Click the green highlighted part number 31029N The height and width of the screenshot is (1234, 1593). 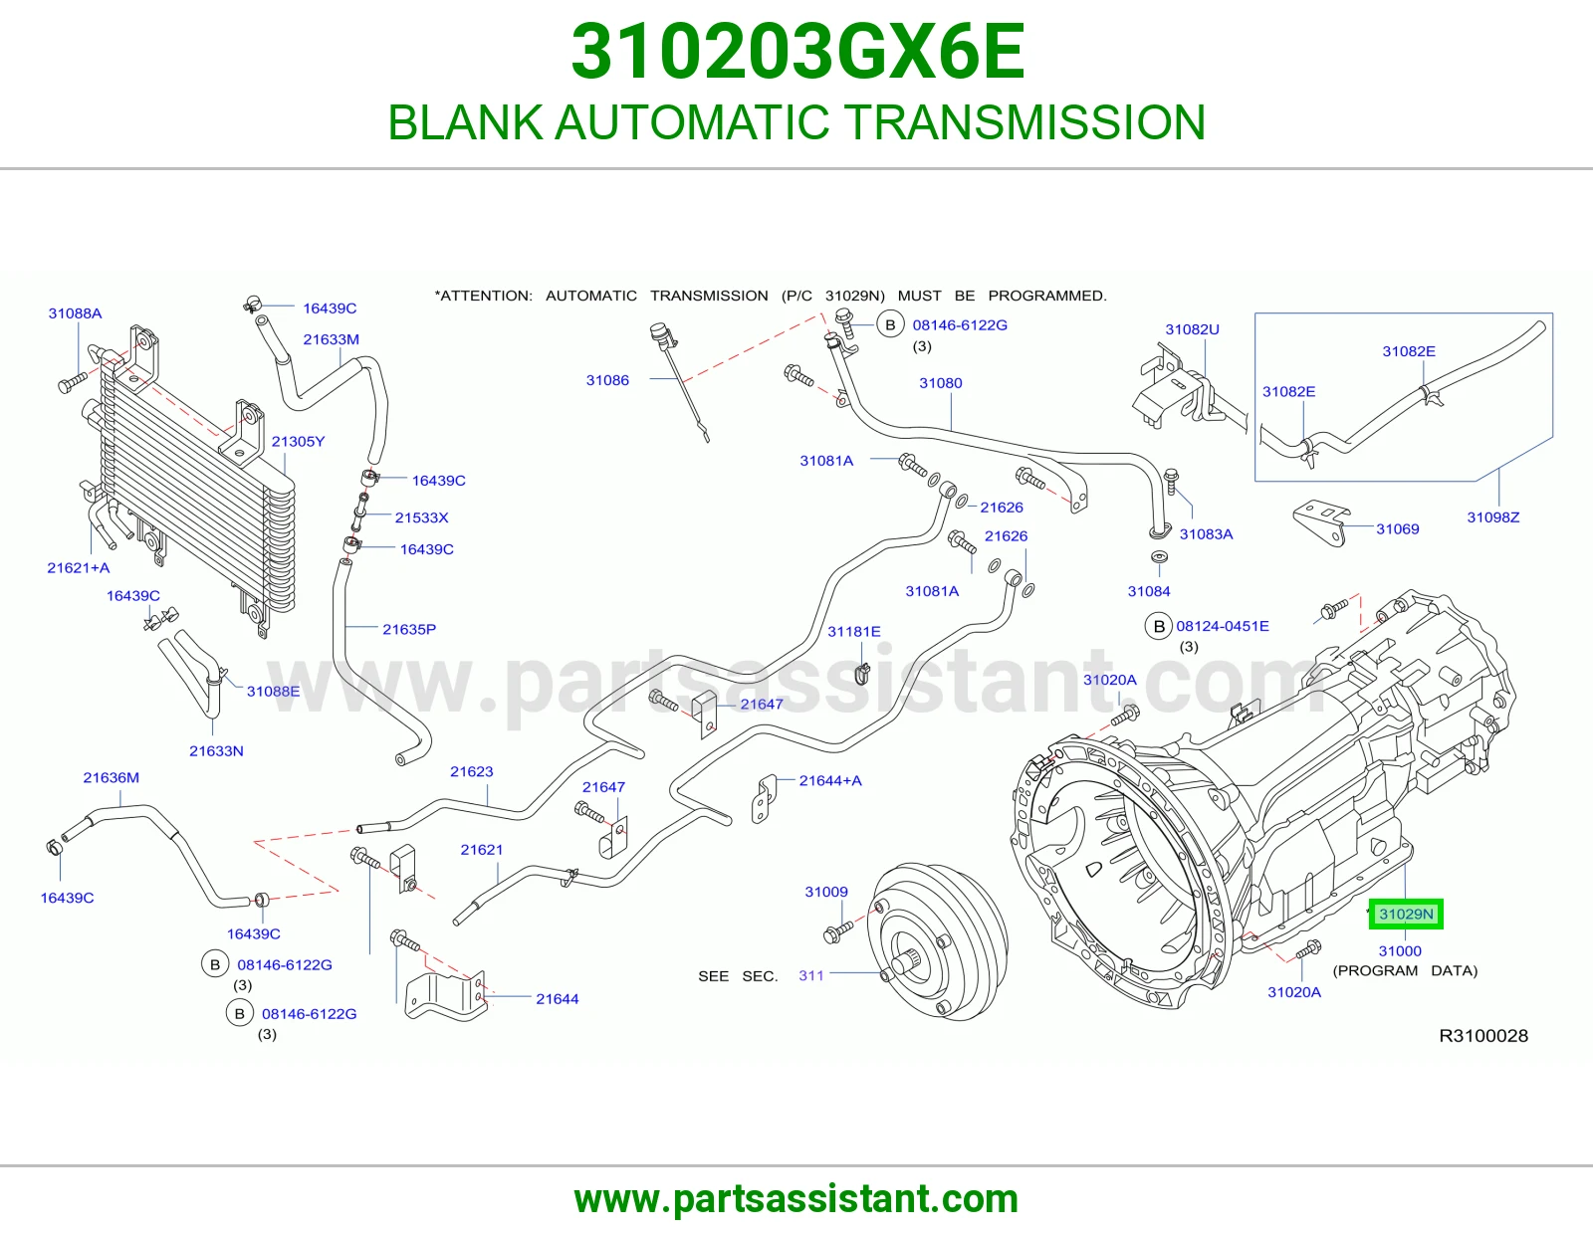[x=1406, y=914]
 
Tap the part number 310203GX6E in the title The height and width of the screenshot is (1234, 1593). [x=797, y=52]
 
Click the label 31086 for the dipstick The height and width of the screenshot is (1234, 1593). [x=607, y=379]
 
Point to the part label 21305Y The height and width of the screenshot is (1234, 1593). [x=298, y=441]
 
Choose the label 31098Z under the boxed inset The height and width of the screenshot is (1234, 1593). [x=1492, y=516]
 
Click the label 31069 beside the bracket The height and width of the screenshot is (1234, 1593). [x=1397, y=528]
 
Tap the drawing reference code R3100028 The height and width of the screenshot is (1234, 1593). [x=1483, y=1035]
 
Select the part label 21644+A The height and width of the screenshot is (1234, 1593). [x=830, y=780]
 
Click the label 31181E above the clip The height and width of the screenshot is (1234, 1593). [x=854, y=631]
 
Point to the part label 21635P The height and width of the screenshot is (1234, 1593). [x=409, y=629]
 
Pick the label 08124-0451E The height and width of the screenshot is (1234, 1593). [x=1222, y=626]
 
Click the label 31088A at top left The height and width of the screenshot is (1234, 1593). [x=75, y=312]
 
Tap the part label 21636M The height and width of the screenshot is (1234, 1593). [x=111, y=777]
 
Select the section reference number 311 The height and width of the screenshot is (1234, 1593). [x=810, y=975]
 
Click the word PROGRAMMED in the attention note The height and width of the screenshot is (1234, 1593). [x=1046, y=296]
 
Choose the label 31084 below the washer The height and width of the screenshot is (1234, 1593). [x=1149, y=590]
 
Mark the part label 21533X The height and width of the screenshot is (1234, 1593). [x=421, y=517]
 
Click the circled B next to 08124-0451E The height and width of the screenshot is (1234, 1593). [x=1158, y=627]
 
